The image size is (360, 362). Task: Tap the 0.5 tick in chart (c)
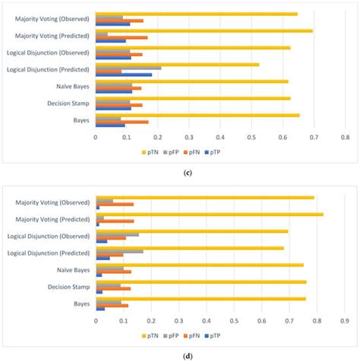[251, 137]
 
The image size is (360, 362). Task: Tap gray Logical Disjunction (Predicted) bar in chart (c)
[128, 68]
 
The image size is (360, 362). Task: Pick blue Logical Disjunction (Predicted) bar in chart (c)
[116, 75]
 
